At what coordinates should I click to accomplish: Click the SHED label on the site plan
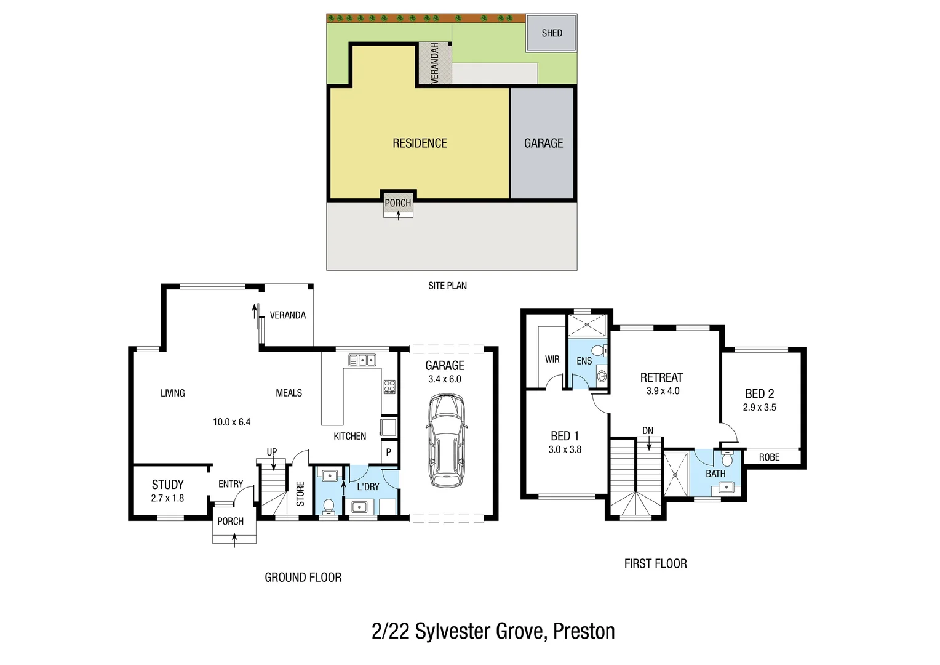pos(551,33)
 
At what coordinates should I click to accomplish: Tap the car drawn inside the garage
pos(445,440)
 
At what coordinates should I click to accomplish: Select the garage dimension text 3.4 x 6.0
pos(445,379)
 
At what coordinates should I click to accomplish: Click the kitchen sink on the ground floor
pos(362,360)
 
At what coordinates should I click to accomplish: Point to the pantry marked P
pos(389,452)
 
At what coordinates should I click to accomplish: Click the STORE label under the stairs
pos(300,494)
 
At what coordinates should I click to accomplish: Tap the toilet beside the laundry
pos(329,506)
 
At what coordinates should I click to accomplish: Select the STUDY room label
pos(167,485)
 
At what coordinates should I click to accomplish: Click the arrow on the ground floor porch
pos(234,539)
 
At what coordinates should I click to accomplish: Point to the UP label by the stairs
pos(272,452)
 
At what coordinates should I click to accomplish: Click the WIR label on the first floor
pos(552,359)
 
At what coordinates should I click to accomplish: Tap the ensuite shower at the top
pos(587,324)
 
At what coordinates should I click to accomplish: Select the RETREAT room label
pos(661,377)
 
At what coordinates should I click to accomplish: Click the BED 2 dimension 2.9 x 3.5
pos(759,408)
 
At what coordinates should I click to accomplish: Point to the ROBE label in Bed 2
pos(769,457)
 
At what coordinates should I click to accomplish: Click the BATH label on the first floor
pos(715,474)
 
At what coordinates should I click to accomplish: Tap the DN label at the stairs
pos(648,431)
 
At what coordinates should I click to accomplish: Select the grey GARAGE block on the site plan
pos(543,143)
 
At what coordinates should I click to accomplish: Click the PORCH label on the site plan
pos(397,203)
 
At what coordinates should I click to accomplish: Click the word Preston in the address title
pos(584,632)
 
